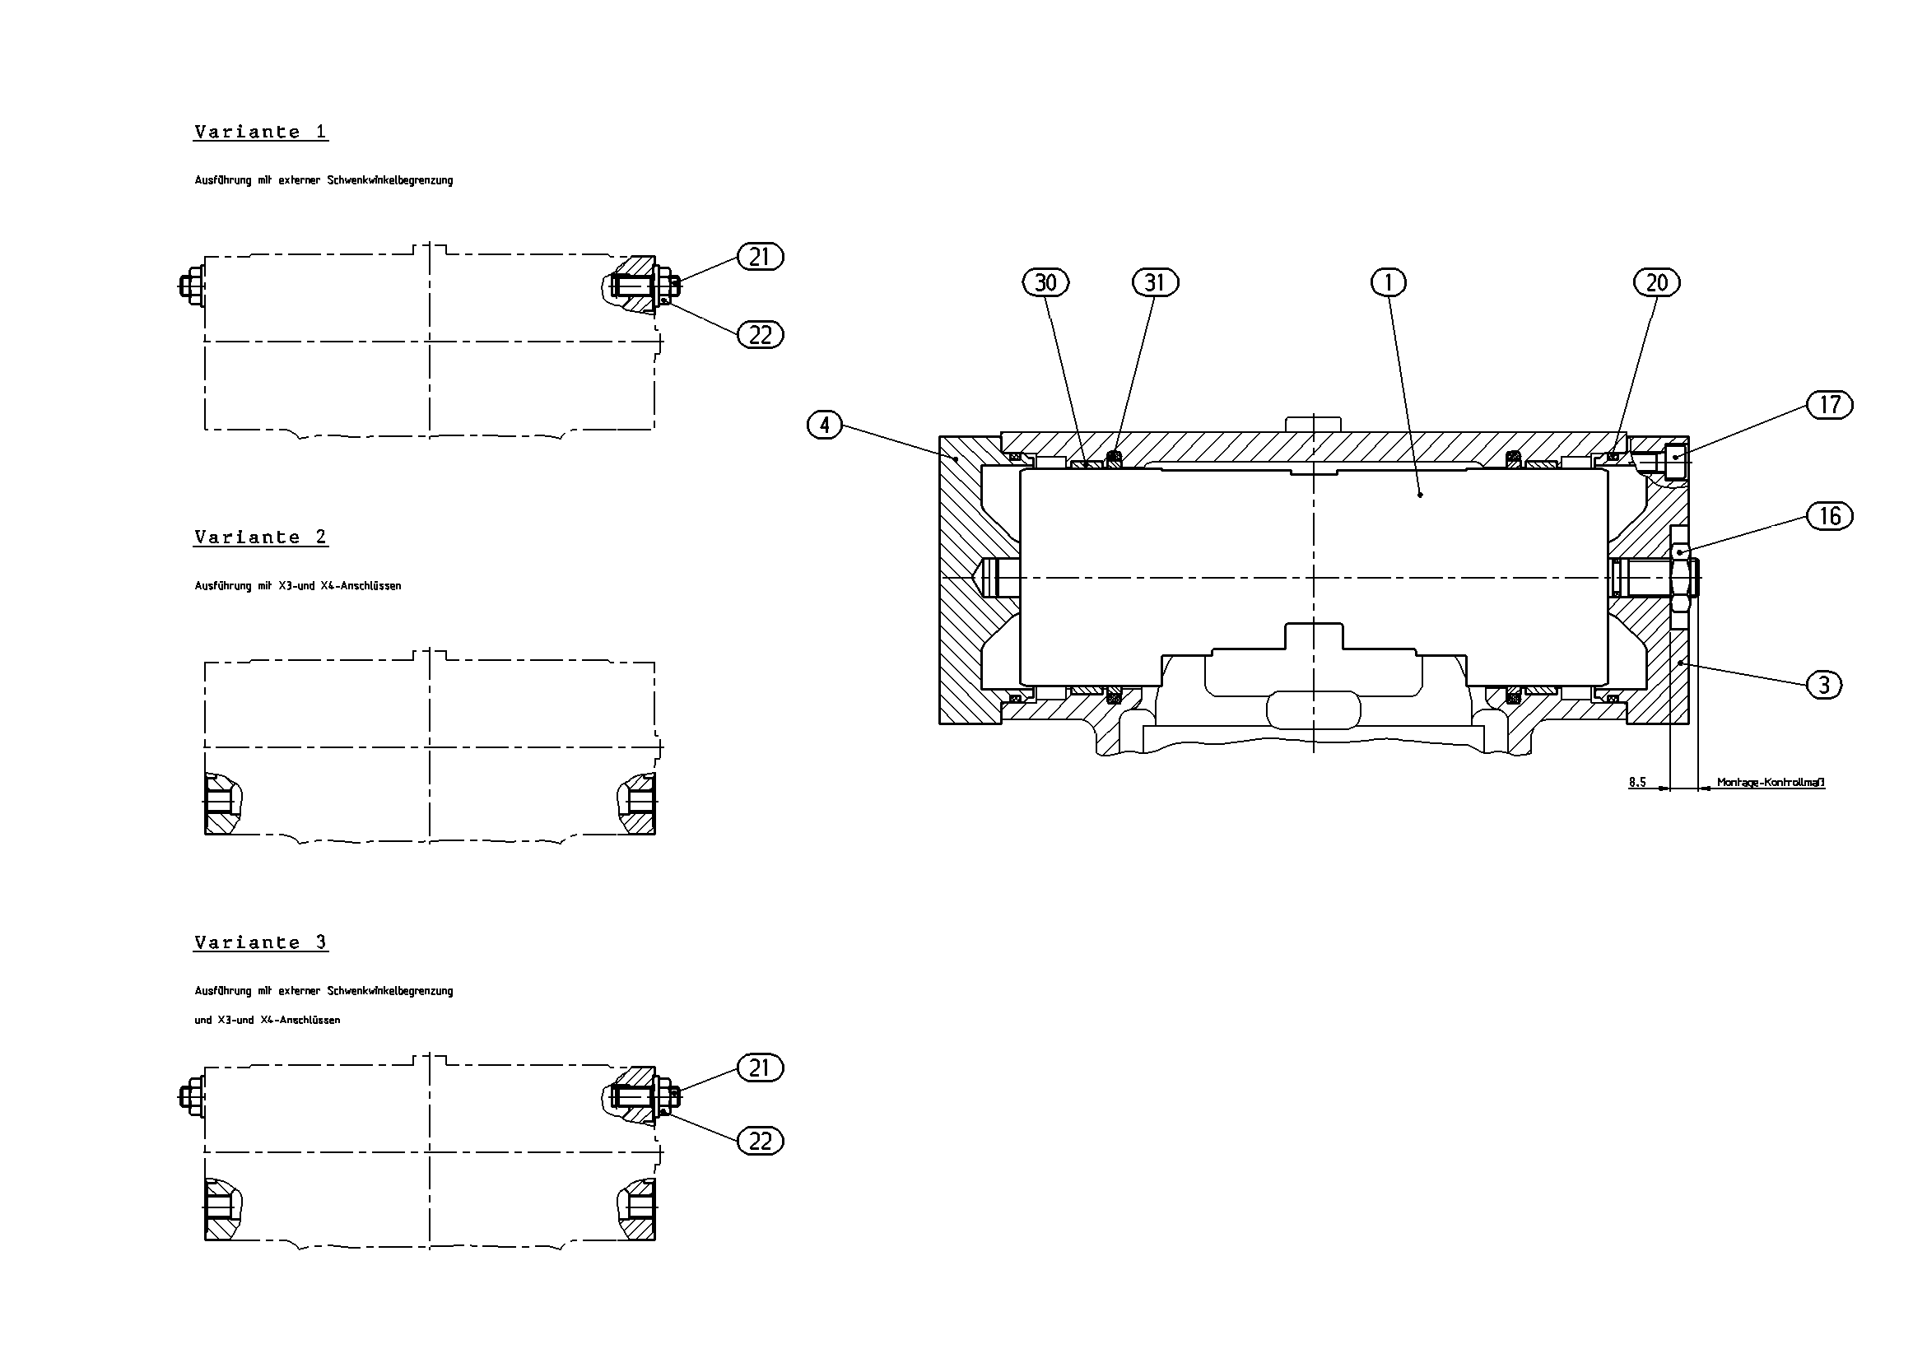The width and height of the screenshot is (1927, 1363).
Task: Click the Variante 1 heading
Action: [x=260, y=132]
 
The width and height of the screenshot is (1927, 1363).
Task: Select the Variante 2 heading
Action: [x=260, y=537]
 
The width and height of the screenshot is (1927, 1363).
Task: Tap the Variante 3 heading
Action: [x=260, y=942]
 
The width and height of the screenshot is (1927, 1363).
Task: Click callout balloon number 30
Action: [x=1045, y=283]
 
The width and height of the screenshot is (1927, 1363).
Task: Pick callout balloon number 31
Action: [x=1156, y=283]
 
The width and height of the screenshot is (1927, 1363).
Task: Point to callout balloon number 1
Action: [x=1388, y=283]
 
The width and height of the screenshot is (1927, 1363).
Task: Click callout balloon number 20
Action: [x=1657, y=283]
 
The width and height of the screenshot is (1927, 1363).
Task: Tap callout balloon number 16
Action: [x=1830, y=515]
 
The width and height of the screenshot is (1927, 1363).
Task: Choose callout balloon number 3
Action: [x=1824, y=685]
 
